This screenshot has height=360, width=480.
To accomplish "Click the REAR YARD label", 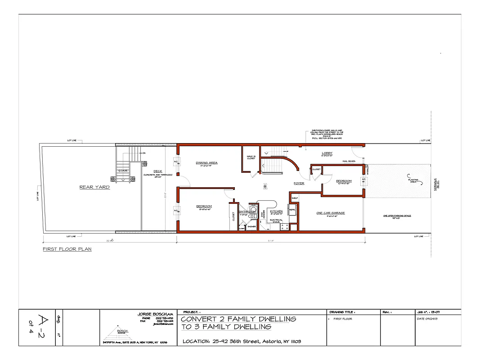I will coord(94,187).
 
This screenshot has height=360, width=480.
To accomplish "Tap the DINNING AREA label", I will coord(207,162).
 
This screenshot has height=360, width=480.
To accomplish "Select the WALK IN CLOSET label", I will coord(251,157).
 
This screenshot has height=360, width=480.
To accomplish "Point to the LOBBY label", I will coord(327,153).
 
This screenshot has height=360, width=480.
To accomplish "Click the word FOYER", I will coord(299,183).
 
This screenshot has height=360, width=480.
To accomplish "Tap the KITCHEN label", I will coord(276,211).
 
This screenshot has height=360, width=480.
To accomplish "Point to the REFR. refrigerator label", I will coord(292,210).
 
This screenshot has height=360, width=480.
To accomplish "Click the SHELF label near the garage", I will coord(295,198).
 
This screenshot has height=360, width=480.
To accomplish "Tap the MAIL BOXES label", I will coord(349,161).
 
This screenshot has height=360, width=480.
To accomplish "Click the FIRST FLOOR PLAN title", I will coord(67,249).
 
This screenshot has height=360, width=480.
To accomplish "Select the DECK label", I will coord(158,171).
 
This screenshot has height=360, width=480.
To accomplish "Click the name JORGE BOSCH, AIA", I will coord(155,314).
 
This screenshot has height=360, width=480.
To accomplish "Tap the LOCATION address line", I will coord(242,342).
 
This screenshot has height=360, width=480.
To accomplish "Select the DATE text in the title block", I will coord(428,319).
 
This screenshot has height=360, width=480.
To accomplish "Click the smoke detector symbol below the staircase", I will coord(265,185).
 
